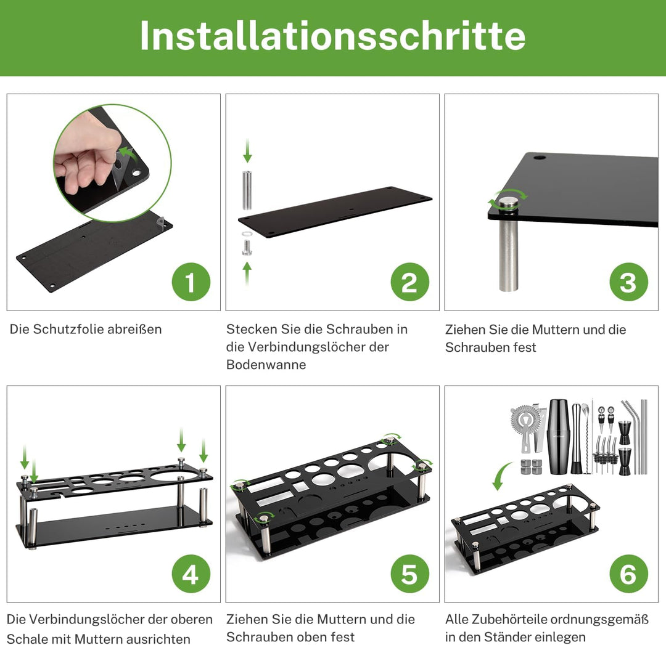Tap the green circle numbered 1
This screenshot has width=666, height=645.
[x=191, y=282]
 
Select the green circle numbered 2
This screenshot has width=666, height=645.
[x=409, y=282]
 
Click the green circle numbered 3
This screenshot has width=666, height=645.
[x=628, y=282]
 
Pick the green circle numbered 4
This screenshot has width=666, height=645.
[x=191, y=574]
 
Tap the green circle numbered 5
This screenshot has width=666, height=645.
[x=409, y=574]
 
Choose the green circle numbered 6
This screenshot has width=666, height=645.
[x=628, y=574]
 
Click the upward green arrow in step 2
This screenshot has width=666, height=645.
[x=247, y=273]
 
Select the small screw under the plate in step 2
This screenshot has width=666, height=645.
[x=247, y=248]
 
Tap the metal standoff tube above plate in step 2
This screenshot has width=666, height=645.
[x=247, y=192]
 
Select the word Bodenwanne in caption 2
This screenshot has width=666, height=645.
[x=266, y=365]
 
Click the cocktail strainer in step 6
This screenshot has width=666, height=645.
[x=525, y=425]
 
